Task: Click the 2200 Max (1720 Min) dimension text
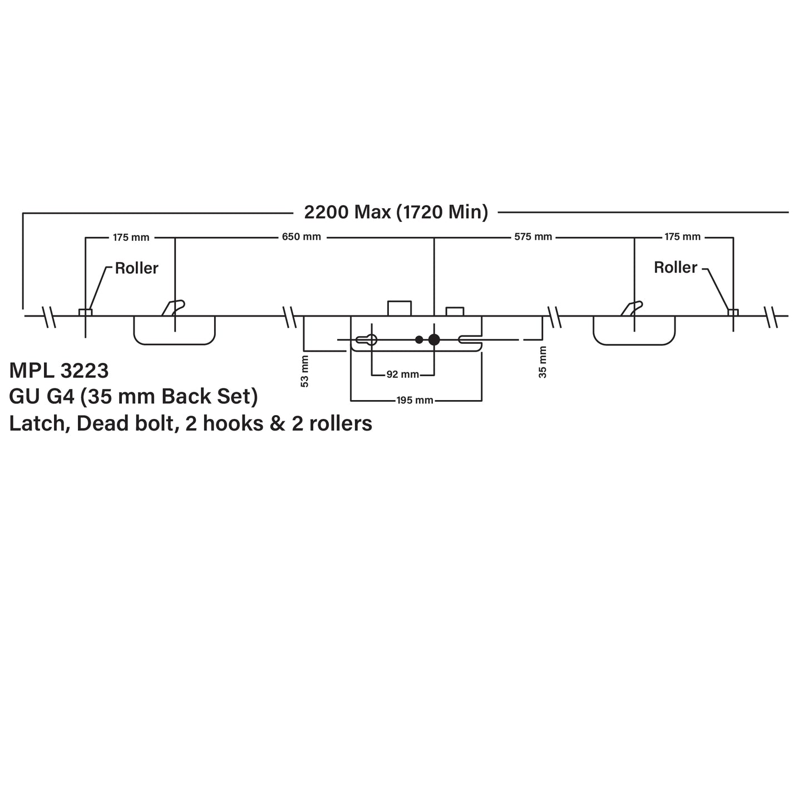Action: tap(396, 212)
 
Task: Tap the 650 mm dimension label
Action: tap(301, 237)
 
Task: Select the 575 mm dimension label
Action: tap(532, 237)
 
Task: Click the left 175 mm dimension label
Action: tap(131, 238)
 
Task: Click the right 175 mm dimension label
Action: tap(682, 237)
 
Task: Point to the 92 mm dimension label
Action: tap(402, 374)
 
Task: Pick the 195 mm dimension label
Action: tap(415, 400)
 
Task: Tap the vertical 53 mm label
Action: tap(304, 371)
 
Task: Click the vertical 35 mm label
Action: tap(543, 362)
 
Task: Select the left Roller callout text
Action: tap(136, 268)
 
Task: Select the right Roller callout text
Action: tap(675, 268)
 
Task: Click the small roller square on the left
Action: tap(85, 312)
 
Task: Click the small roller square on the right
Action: tap(733, 312)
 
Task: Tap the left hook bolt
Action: tap(173, 308)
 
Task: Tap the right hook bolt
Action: tap(632, 308)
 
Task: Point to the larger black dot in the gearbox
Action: tap(434, 339)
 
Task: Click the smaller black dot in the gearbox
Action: tap(419, 339)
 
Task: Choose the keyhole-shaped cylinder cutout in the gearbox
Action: tap(368, 339)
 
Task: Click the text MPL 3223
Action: tap(59, 370)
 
